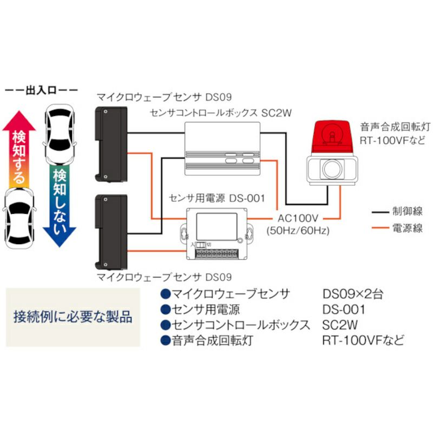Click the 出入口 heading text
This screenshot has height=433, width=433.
point(41,90)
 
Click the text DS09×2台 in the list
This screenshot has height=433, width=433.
point(352,294)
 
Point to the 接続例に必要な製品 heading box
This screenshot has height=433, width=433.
point(73,317)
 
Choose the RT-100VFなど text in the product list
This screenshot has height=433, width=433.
point(363,340)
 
